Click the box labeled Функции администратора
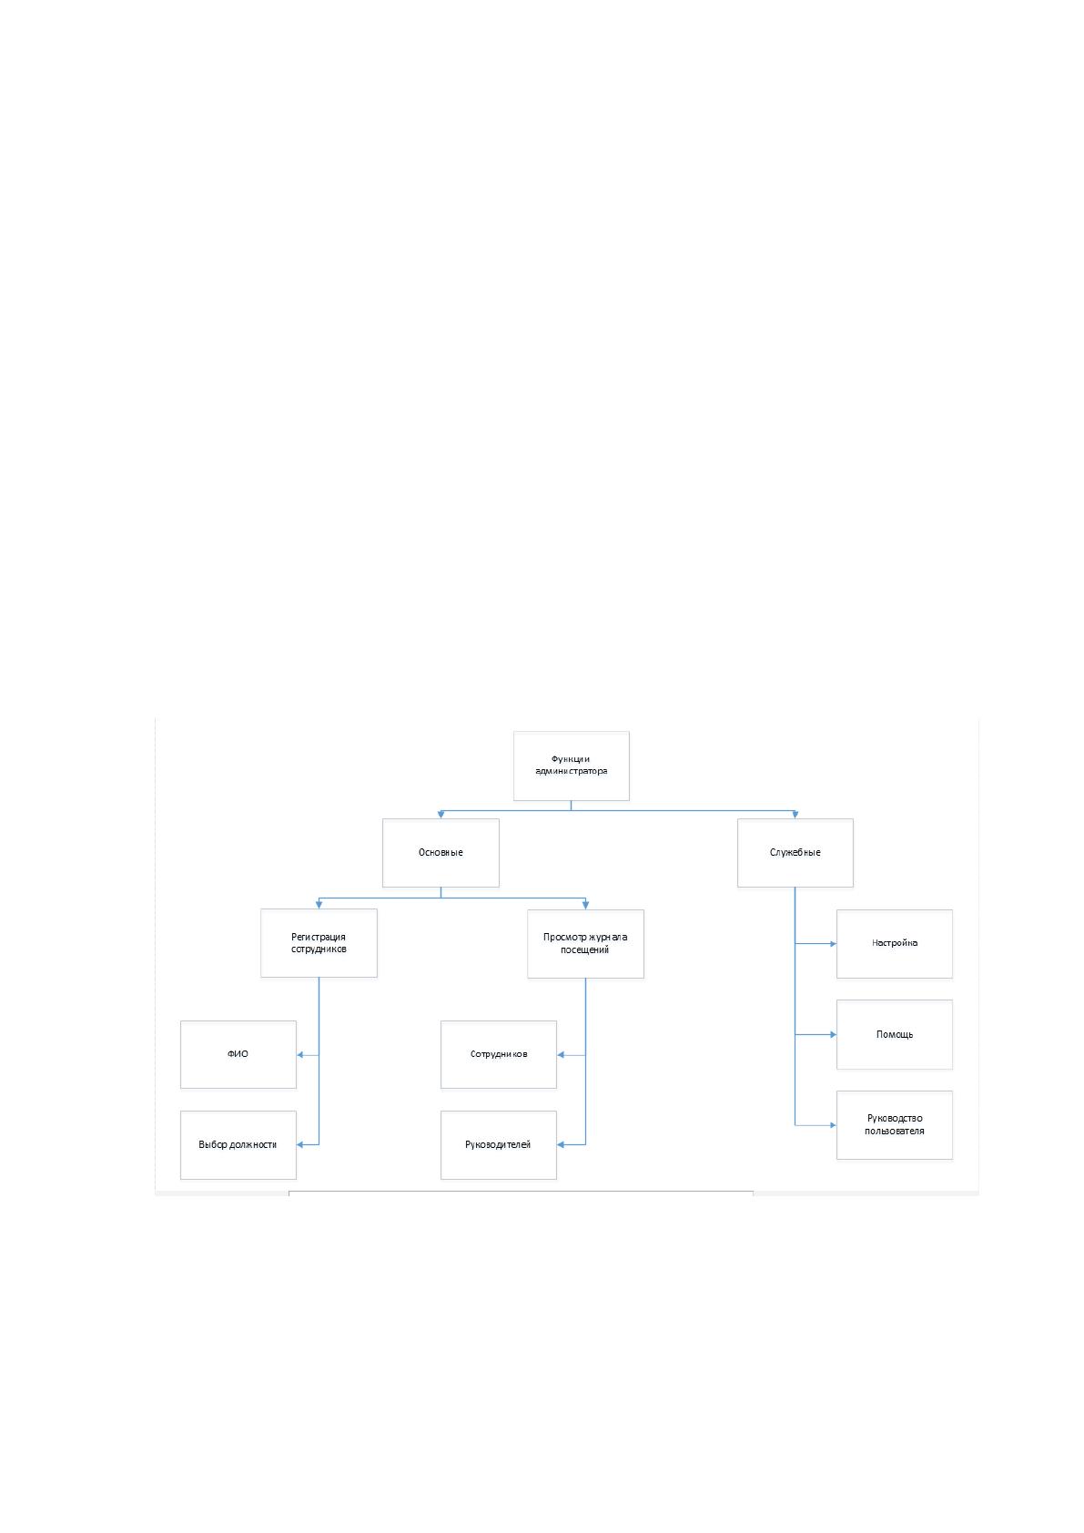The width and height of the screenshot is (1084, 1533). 571,766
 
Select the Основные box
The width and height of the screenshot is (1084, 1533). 441,853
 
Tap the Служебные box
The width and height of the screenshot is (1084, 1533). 795,853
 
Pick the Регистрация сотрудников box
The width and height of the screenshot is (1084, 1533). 319,943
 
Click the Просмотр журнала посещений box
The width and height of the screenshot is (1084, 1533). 585,944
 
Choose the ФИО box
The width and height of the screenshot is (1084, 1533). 238,1055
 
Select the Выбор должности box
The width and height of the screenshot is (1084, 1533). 238,1145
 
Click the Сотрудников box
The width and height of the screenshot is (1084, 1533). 498,1055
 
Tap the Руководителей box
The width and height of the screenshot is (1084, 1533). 498,1145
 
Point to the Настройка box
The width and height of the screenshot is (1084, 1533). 895,944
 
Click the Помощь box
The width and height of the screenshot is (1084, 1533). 895,1035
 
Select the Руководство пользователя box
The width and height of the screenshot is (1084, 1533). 895,1125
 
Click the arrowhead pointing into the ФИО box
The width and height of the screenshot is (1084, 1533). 300,1055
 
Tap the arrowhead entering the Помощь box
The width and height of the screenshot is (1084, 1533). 833,1035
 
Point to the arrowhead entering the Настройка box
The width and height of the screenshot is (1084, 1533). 833,944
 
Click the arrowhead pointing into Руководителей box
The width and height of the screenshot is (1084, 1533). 561,1145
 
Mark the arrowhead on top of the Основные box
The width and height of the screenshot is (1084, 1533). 441,815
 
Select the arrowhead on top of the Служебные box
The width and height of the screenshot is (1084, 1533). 795,815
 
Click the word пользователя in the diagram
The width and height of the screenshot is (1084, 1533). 894,1132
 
